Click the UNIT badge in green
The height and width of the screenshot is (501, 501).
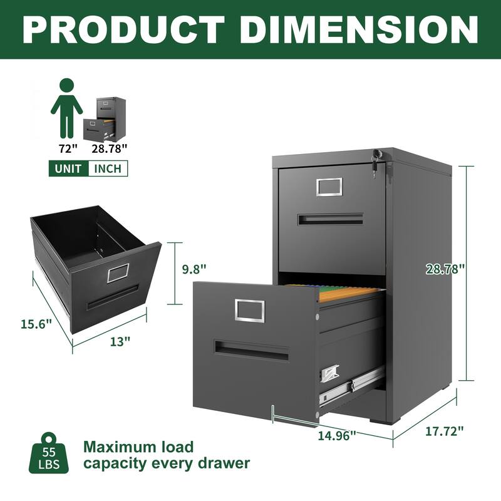click(x=68, y=168)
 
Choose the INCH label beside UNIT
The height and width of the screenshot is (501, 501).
click(x=108, y=168)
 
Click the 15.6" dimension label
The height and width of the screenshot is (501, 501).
click(x=36, y=324)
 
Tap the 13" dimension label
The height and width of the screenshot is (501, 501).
click(x=120, y=341)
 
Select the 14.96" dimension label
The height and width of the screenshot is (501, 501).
click(x=335, y=434)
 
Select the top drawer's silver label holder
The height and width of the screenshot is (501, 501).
click(x=329, y=186)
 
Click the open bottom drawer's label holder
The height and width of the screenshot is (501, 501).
click(x=250, y=309)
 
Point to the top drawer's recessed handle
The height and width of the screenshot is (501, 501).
click(x=330, y=219)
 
